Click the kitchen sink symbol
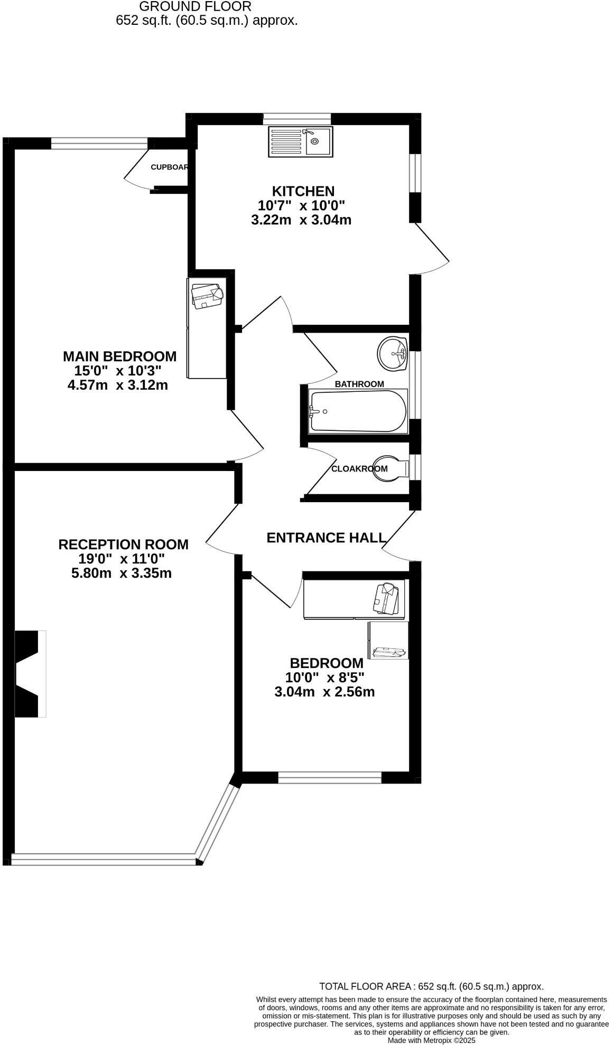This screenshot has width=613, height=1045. [x=301, y=142]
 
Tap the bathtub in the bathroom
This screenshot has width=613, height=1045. [x=358, y=411]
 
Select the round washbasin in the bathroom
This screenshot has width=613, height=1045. [x=393, y=353]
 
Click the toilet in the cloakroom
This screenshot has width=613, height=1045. [x=391, y=468]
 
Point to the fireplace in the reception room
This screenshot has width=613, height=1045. [x=29, y=674]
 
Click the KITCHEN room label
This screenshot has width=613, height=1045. [x=303, y=191]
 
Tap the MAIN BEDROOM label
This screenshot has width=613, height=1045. [x=120, y=356]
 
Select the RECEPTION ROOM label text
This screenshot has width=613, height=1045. [x=123, y=544]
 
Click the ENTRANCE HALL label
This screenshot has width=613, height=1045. [x=326, y=538]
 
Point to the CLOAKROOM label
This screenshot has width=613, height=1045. [x=359, y=468]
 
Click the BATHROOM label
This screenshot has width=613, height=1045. [x=359, y=384]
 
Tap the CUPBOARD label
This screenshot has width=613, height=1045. [x=170, y=167]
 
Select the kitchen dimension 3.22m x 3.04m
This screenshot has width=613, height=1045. [x=301, y=220]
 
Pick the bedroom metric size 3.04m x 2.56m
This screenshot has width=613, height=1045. [x=324, y=692]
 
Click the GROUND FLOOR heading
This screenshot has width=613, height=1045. [x=196, y=7]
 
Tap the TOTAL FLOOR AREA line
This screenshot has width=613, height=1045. [x=431, y=986]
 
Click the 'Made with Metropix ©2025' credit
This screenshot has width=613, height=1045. [x=432, y=1040]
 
